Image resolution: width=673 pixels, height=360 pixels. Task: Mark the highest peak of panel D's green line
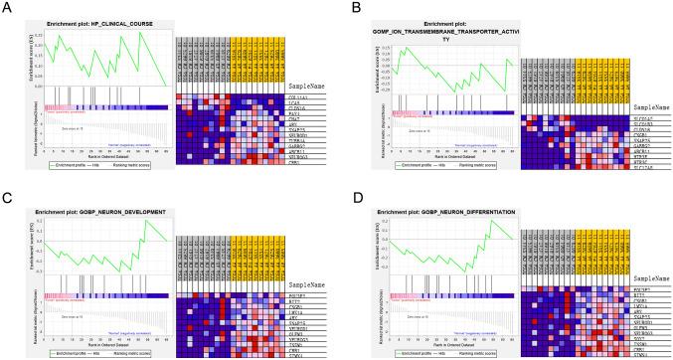click(491, 220)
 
